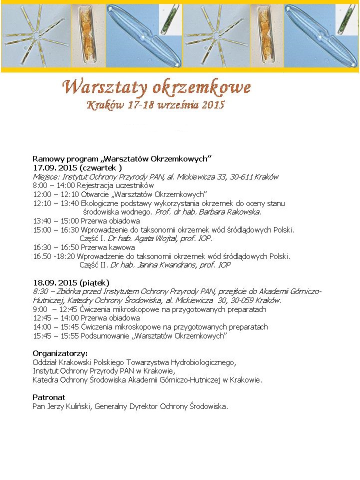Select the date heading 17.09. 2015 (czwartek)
point(77,168)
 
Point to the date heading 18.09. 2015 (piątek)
point(71,282)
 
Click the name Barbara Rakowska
point(233,211)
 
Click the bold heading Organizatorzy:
point(60,353)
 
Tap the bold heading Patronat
point(49,397)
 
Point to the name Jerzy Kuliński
point(69,406)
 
